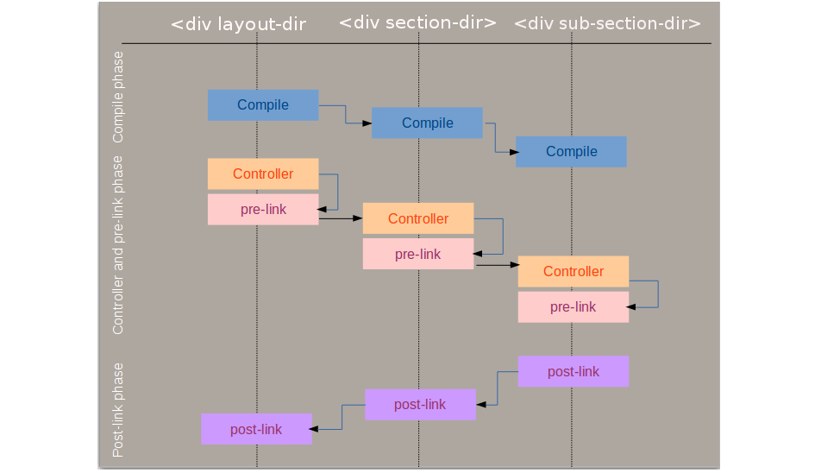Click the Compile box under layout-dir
[x=263, y=105]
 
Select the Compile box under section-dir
[x=427, y=123]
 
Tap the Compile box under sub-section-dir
[x=571, y=151]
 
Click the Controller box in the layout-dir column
[x=263, y=173]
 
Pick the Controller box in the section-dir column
[x=418, y=218]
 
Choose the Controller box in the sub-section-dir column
[x=574, y=271]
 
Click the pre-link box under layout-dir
[x=263, y=209]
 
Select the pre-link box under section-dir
[x=418, y=254]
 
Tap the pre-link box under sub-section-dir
[x=574, y=306]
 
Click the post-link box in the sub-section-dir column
[x=574, y=371]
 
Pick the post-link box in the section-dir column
[x=420, y=404]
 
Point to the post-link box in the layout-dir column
[x=256, y=429]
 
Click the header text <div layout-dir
[x=239, y=24]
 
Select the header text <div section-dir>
[x=417, y=22]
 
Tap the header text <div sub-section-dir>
[x=607, y=24]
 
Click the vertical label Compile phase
[x=118, y=97]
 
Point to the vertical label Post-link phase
[x=118, y=409]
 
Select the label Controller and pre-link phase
[x=118, y=244]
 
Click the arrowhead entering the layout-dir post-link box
[x=317, y=429]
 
